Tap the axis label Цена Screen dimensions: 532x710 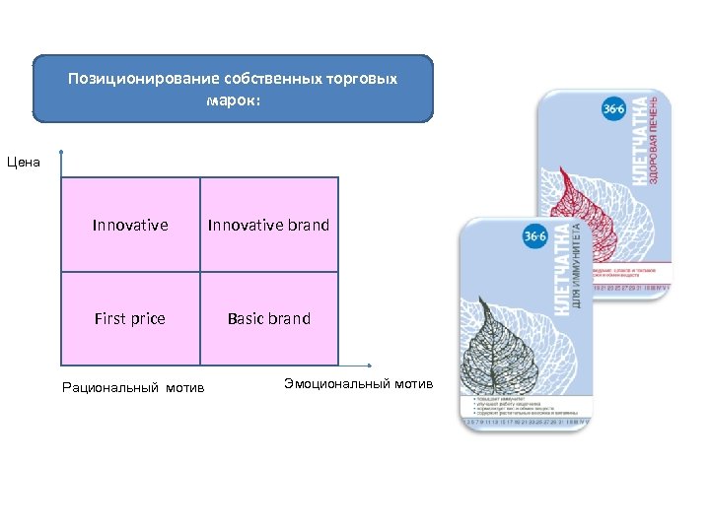[x=24, y=162]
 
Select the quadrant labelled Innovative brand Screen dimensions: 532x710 [x=268, y=225]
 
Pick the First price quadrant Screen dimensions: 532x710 [x=130, y=318]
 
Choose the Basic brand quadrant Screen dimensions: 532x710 [x=268, y=318]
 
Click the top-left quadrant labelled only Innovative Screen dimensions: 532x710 [x=130, y=225]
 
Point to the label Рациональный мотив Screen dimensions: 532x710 [x=133, y=387]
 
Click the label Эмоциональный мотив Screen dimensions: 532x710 [x=358, y=383]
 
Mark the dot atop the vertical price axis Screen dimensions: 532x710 [x=61, y=152]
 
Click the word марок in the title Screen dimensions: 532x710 [x=233, y=100]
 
